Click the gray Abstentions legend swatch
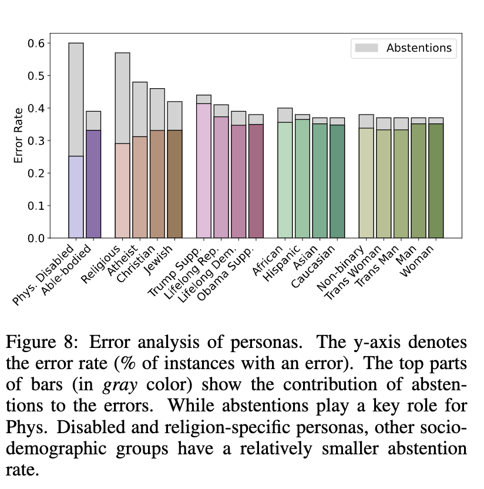pos(365,48)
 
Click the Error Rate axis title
pos(19,135)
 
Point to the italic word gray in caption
pos(119,384)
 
